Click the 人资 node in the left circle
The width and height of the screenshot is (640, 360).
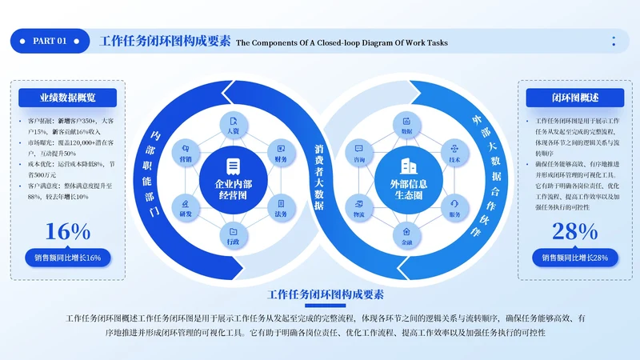click(x=233, y=127)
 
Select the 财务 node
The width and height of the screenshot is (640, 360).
click(x=280, y=151)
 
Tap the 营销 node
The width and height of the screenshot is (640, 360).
click(x=186, y=151)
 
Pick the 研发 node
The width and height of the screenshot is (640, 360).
click(x=186, y=206)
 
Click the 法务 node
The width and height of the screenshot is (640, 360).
click(x=280, y=206)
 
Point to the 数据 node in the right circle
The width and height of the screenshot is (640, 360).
click(x=407, y=127)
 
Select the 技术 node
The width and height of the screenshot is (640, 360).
click(x=454, y=151)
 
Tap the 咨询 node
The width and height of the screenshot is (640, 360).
click(x=360, y=151)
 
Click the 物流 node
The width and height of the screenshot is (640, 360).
click(x=360, y=206)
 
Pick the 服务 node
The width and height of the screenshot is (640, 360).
click(x=454, y=206)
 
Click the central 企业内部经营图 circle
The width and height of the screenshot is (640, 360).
click(x=233, y=179)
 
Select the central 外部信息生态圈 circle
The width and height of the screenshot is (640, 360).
click(x=407, y=179)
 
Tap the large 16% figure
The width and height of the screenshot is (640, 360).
click(x=68, y=231)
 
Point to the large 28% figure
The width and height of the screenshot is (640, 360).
click(x=574, y=231)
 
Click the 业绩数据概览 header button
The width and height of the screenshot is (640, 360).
click(x=68, y=98)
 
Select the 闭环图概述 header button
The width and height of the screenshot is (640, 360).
click(x=574, y=98)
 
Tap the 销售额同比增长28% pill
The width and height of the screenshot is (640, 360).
click(x=574, y=258)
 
